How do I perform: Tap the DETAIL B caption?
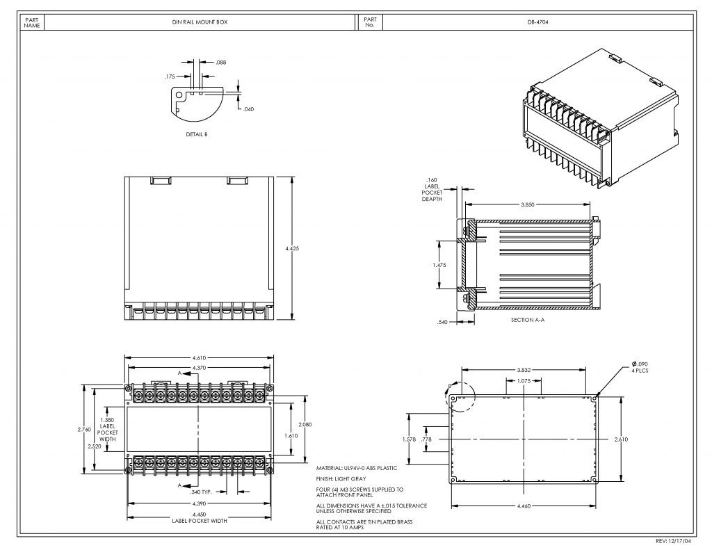(197, 134)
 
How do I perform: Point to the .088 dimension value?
(221, 63)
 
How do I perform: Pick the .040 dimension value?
(248, 109)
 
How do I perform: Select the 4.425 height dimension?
(292, 248)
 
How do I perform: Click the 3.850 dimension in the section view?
(528, 204)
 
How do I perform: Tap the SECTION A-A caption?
(527, 320)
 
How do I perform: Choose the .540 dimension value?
(442, 322)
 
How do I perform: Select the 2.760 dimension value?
(83, 429)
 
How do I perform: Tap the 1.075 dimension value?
(524, 381)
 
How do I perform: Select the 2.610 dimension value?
(622, 439)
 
